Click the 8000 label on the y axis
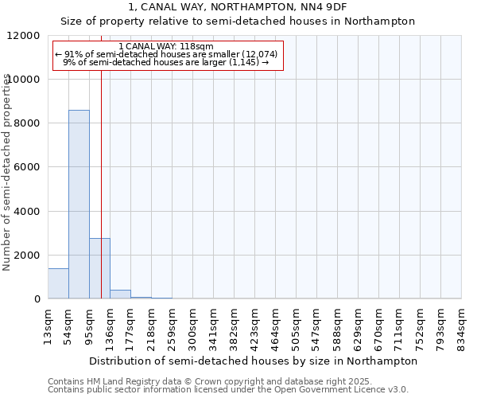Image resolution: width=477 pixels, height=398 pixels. [x=28, y=123]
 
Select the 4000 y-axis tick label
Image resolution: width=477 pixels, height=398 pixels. [x=28, y=212]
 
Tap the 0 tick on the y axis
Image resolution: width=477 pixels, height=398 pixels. [x=37, y=299]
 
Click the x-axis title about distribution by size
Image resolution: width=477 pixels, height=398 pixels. [x=254, y=361]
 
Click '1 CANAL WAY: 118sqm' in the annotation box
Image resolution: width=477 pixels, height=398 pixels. [x=165, y=46]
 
